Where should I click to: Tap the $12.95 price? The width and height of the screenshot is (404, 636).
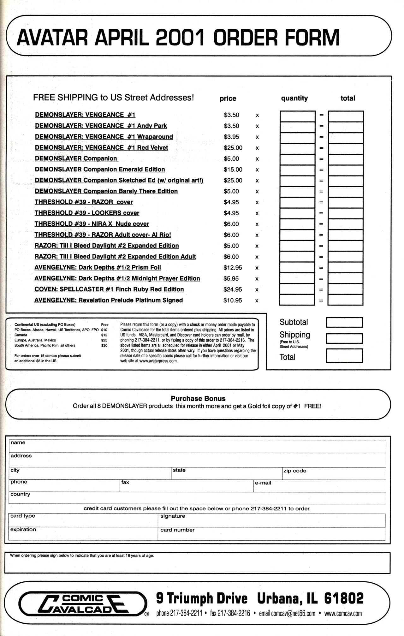click(x=233, y=268)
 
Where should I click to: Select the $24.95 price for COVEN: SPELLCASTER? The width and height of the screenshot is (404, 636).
click(x=233, y=289)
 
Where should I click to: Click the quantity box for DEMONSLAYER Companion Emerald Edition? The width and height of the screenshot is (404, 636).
click(x=297, y=170)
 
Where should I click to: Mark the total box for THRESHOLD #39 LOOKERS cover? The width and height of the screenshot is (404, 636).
click(x=346, y=213)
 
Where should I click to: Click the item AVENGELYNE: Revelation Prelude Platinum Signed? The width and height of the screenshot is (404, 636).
click(x=109, y=300)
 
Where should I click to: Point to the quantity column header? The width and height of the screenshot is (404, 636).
click(x=294, y=98)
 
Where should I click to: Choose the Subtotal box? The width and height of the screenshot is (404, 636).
click(x=344, y=322)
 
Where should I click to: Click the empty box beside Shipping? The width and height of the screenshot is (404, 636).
click(x=344, y=338)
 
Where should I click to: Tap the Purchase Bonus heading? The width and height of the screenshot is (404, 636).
click(x=198, y=399)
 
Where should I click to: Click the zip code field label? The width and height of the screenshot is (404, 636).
click(x=295, y=471)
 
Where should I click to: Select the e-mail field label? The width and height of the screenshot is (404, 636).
click(x=263, y=483)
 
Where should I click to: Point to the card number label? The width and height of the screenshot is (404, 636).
click(x=177, y=530)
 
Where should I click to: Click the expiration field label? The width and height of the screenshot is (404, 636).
click(x=23, y=530)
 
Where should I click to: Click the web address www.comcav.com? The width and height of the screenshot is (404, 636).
click(x=343, y=614)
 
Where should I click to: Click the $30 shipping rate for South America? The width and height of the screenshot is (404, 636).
click(x=104, y=345)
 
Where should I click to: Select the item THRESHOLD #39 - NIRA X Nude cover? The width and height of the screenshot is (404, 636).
click(x=92, y=224)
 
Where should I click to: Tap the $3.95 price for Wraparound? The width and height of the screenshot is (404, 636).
click(x=231, y=137)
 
